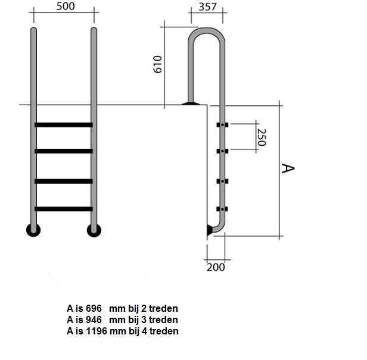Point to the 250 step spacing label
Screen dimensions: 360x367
[262, 137]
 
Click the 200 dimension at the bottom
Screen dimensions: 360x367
[217, 267]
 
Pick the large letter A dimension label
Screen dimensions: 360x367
[288, 169]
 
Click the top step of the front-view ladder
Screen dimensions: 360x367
[63, 125]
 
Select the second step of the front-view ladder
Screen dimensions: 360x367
[63, 151]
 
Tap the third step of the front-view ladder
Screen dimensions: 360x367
[63, 181]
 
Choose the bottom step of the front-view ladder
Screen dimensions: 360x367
[63, 208]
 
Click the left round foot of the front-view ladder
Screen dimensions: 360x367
[33, 230]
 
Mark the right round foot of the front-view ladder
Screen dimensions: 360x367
[94, 230]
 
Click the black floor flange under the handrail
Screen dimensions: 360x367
[191, 104]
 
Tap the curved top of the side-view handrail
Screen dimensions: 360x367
[206, 33]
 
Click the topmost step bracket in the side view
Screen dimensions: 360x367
[222, 125]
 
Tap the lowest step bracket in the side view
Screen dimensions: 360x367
[222, 209]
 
